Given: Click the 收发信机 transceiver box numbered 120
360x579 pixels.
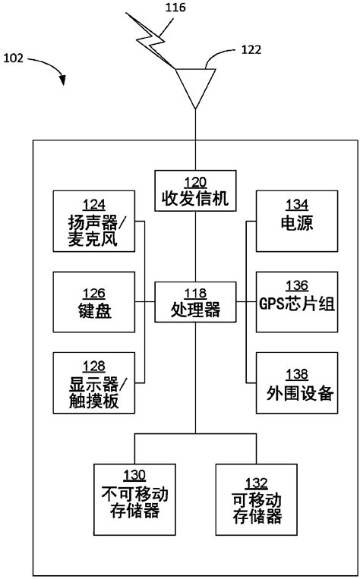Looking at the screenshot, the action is click(195, 190).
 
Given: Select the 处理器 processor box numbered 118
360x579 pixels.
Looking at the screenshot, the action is click(195, 302).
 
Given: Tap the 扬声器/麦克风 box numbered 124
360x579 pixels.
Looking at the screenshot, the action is click(94, 221).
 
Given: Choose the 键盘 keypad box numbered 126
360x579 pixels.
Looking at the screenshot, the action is click(94, 302).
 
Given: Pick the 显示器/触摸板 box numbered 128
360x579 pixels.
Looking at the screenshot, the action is click(94, 382).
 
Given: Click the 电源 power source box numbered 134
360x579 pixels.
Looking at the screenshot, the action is click(297, 221).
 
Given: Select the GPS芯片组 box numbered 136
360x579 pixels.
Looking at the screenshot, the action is click(297, 302).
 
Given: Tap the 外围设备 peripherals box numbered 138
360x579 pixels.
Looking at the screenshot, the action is click(297, 382).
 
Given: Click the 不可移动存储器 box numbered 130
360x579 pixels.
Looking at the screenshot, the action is click(134, 499).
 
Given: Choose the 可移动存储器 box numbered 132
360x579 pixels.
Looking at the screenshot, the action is click(256, 499).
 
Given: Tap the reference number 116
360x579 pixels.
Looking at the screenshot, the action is click(175, 8).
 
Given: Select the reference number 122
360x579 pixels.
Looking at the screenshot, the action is click(251, 50).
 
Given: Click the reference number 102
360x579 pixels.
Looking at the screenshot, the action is click(14, 58).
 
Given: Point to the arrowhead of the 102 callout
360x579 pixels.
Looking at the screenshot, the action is click(63, 80).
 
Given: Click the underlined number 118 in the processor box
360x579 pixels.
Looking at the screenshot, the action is click(195, 294).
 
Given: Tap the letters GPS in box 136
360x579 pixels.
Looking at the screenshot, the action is click(271, 304).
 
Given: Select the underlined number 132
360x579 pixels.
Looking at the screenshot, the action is click(256, 483).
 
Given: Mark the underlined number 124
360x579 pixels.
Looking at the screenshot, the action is click(94, 204).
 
